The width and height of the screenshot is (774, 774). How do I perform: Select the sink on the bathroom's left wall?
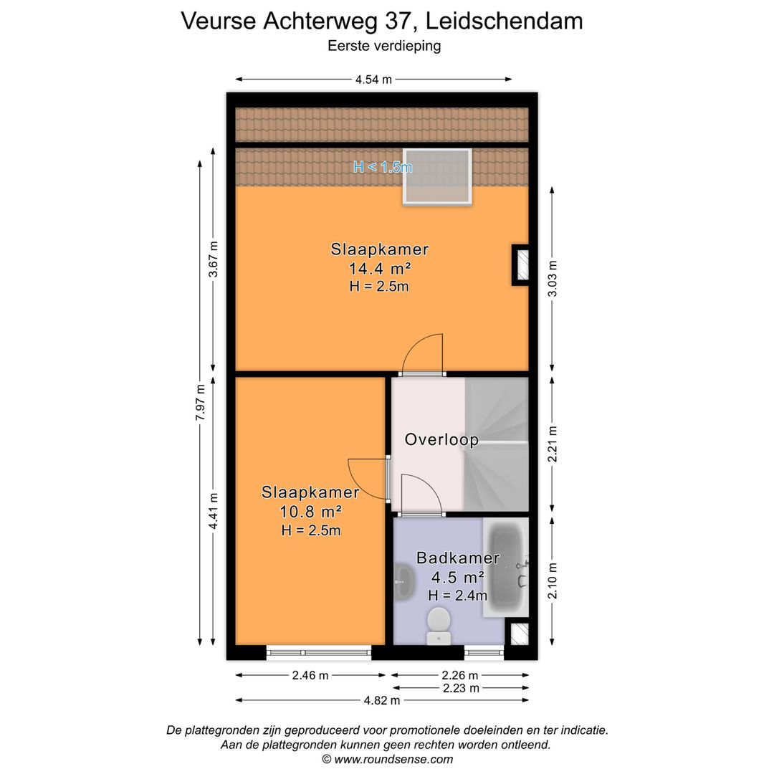click(x=403, y=580)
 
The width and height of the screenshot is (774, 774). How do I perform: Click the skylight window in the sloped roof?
click(x=437, y=176)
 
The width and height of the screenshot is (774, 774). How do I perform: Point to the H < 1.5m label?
click(x=383, y=167)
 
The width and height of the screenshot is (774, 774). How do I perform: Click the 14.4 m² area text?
click(x=380, y=269)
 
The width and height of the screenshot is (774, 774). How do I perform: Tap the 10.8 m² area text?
click(x=310, y=512)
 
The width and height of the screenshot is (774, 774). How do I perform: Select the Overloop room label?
click(x=441, y=439)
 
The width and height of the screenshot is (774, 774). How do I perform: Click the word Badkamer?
click(x=457, y=558)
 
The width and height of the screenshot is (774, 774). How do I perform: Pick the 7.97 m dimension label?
click(x=201, y=403)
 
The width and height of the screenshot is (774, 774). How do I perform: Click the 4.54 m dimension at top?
click(x=373, y=80)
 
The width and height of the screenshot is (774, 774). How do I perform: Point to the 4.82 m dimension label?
click(x=382, y=700)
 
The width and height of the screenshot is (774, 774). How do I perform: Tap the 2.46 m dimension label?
click(x=310, y=675)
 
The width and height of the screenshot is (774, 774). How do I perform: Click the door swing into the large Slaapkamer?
click(x=423, y=355)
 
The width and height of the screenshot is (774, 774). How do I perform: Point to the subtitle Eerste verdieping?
click(x=384, y=46)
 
